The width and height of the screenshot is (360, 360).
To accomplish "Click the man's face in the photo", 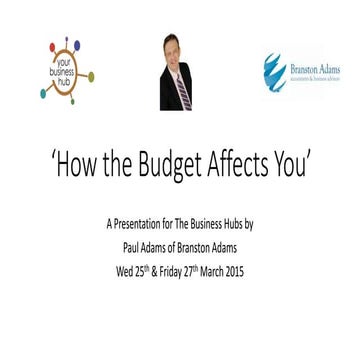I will [176, 55].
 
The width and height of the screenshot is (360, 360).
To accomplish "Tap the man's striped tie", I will [181, 89].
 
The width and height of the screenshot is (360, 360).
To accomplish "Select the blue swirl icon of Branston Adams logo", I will [273, 71].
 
